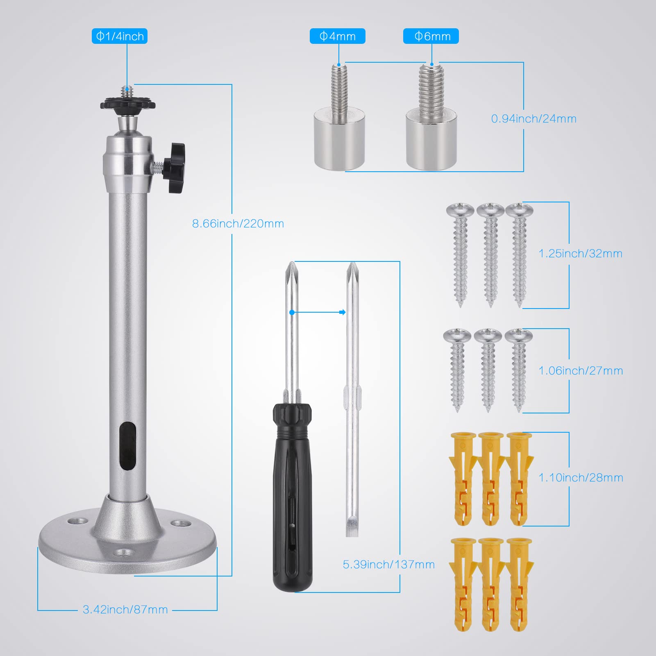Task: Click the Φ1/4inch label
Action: pyautogui.click(x=119, y=36)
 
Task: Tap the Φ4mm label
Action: pyautogui.click(x=337, y=36)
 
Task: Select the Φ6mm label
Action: pyautogui.click(x=431, y=36)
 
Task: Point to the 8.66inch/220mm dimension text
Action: pyautogui.click(x=238, y=224)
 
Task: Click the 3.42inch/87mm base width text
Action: pyautogui.click(x=125, y=610)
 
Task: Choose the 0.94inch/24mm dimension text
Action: pyautogui.click(x=534, y=119)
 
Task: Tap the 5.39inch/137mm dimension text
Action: pyautogui.click(x=389, y=565)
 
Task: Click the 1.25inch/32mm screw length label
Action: pyautogui.click(x=581, y=254)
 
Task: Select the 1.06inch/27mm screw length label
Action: pyautogui.click(x=581, y=371)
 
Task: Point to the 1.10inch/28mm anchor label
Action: pyautogui.click(x=581, y=478)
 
